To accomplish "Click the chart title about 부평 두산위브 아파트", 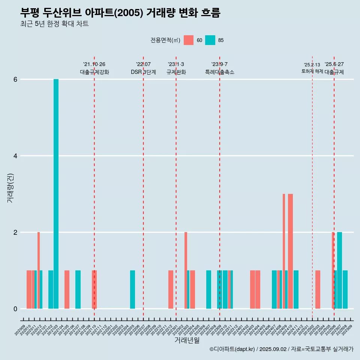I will point(120,13).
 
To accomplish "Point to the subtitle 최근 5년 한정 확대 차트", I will point(54,24).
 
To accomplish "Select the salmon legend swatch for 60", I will point(189,40).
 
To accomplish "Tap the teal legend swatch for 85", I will point(210,40).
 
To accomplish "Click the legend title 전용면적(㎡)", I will point(165,40).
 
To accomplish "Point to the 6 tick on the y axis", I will point(15,79).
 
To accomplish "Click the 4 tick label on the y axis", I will point(15,156).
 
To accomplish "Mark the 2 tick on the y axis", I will point(15,232).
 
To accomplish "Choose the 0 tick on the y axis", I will point(15,309).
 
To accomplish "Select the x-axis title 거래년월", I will point(187,340).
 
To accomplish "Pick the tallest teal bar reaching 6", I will point(56,194).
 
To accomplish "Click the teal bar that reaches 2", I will point(339,270).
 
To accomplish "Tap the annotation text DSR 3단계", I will point(143,72).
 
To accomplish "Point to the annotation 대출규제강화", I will point(94,72).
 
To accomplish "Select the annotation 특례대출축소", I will point(220,72).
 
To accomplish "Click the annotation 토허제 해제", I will point(312,71).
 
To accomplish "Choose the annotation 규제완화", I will point(176,72).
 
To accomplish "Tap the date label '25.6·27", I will point(334,64).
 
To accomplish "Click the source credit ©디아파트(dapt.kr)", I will point(232,349).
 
